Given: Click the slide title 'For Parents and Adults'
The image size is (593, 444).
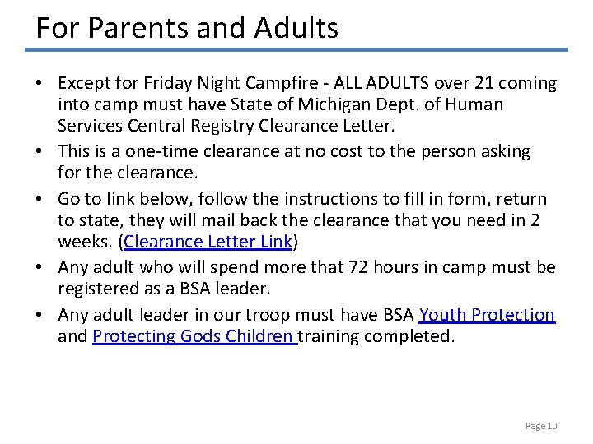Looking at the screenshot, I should tap(187, 28).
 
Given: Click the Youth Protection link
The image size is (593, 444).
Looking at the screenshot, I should tap(487, 314).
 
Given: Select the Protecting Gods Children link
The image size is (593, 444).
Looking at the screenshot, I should tap(194, 337).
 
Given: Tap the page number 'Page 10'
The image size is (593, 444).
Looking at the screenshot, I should tap(541, 426).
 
